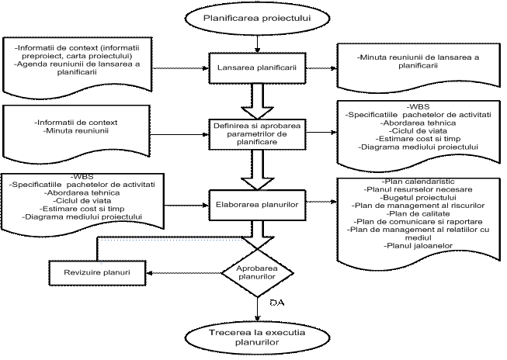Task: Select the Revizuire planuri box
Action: (98, 274)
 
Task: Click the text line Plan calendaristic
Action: (418, 181)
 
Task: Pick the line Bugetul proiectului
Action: (418, 197)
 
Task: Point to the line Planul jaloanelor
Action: (418, 246)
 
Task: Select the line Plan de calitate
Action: (418, 213)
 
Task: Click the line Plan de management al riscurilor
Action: (418, 205)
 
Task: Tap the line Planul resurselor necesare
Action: (418, 189)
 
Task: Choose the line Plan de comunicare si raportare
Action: (418, 221)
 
